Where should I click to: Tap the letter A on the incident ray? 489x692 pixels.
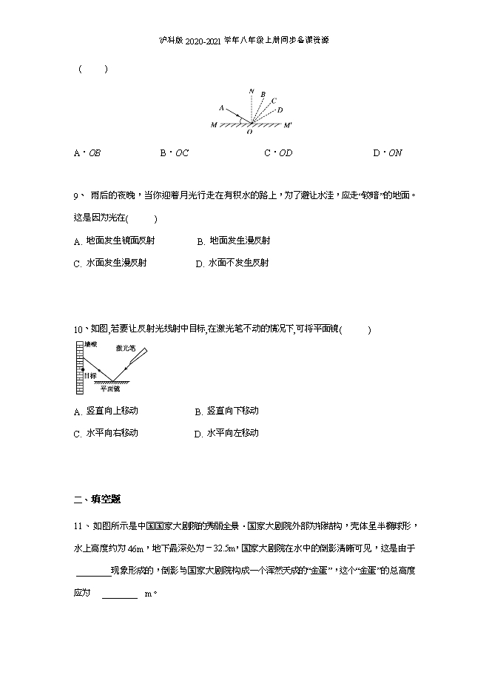222,108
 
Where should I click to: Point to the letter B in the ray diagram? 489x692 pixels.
263,95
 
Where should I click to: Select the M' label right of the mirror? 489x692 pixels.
288,126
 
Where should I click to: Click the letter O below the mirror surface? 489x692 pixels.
249,132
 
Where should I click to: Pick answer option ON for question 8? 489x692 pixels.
388,153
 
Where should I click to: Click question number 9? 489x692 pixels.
76,196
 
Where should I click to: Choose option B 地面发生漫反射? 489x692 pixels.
234,241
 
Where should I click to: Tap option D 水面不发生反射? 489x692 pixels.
232,263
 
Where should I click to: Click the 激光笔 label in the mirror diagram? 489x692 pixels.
125,348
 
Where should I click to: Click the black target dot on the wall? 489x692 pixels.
82,368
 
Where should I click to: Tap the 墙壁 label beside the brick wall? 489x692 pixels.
90,344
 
